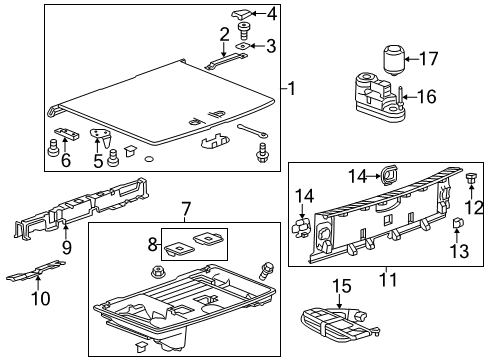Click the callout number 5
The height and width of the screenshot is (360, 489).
pyautogui.click(x=98, y=160)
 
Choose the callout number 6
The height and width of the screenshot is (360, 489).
pyautogui.click(x=66, y=160)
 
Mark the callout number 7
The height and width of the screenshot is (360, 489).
pyautogui.click(x=185, y=210)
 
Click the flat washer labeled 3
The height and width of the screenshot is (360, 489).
pyautogui.click(x=242, y=46)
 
